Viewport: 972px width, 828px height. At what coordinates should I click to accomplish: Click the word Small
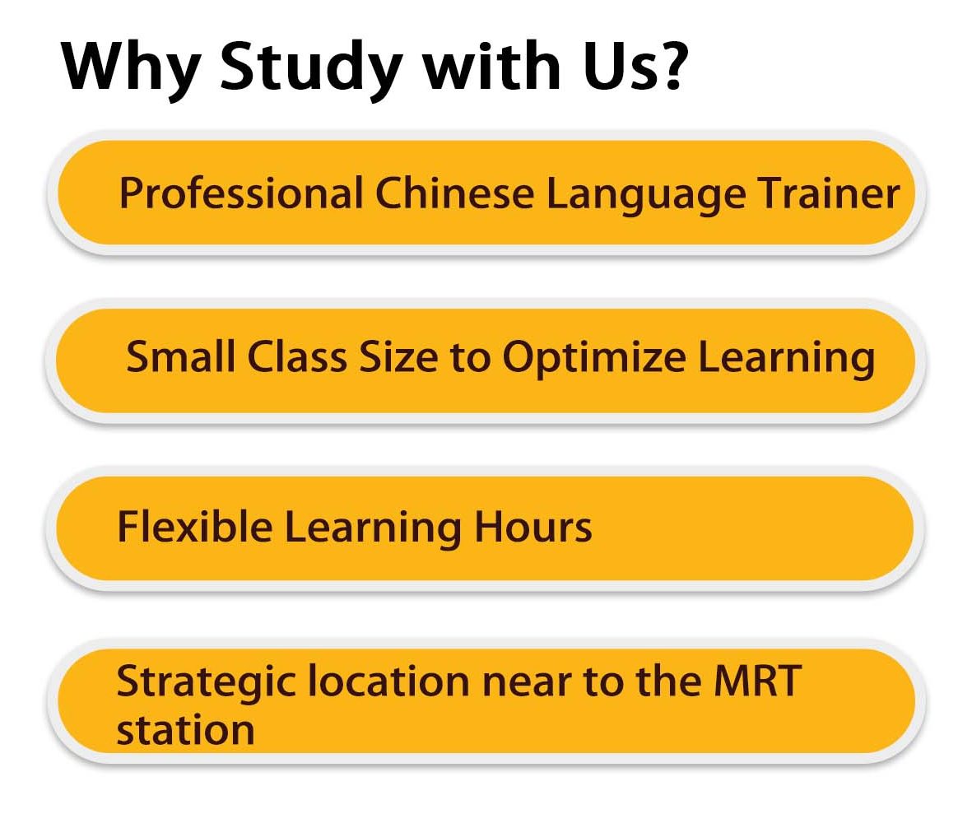[x=180, y=356]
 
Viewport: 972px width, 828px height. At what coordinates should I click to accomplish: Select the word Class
[x=297, y=356]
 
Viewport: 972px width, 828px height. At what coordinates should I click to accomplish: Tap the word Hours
[x=533, y=527]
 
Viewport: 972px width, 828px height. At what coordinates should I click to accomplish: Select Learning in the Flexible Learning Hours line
[x=373, y=528]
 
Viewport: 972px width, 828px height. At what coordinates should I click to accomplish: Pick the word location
[x=388, y=681]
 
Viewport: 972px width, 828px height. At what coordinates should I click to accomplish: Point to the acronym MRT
[x=757, y=681]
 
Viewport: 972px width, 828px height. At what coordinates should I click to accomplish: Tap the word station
[x=186, y=729]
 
